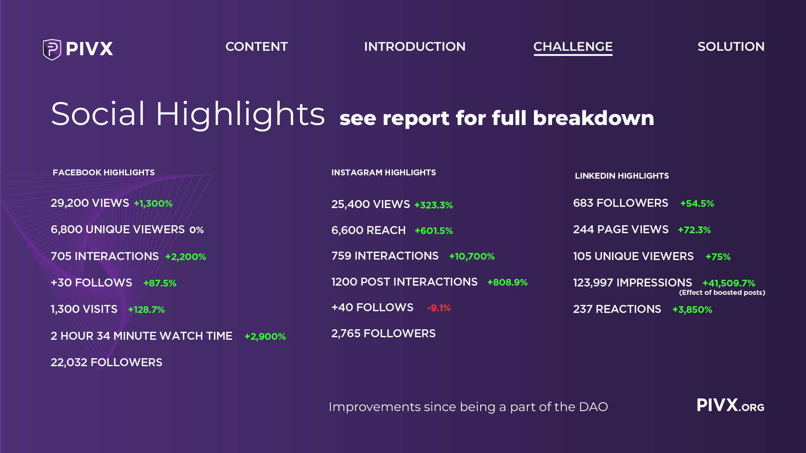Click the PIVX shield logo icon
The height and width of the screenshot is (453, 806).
52,49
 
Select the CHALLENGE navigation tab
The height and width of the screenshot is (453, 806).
573,47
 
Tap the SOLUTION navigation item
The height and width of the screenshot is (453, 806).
731,47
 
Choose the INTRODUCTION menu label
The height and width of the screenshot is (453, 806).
414,47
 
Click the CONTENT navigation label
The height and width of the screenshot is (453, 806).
256,47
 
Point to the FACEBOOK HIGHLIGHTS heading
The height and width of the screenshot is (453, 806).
104,172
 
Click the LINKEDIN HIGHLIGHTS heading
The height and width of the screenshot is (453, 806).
622,176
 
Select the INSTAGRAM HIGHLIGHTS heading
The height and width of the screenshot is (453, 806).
383,172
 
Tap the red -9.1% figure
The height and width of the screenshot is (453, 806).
439,308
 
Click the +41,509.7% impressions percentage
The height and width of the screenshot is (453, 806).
729,283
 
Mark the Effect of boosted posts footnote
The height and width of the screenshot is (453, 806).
722,293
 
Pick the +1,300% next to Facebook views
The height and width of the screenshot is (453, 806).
153,204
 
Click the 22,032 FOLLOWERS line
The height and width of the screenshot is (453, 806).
106,362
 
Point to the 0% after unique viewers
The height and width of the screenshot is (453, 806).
196,230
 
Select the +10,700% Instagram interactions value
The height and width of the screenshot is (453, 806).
472,256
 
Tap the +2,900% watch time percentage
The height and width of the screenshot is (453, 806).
265,336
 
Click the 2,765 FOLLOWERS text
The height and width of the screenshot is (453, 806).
383,333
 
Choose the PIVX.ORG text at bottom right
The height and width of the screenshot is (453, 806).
730,406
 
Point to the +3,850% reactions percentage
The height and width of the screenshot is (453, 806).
692,310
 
